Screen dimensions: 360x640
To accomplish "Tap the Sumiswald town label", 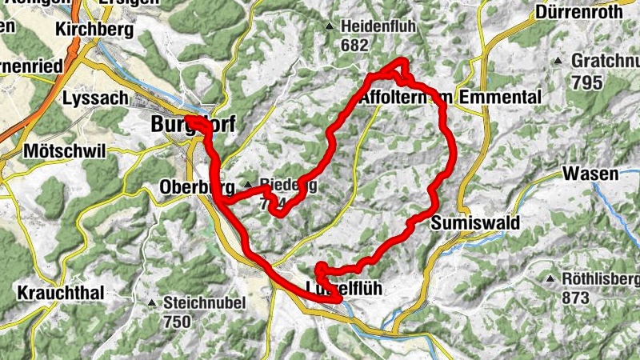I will click(x=475, y=222).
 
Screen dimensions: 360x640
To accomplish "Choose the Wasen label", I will click(x=590, y=174).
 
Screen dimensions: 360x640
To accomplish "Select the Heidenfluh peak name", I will click(x=378, y=26).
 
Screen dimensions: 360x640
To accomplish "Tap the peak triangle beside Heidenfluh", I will click(x=330, y=27).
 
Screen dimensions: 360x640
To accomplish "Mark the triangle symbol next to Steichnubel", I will click(x=152, y=303).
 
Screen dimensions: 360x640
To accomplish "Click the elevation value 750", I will click(x=178, y=322).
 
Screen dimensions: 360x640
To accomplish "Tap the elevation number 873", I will click(x=576, y=298).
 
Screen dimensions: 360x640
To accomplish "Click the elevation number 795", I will click(x=587, y=81).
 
